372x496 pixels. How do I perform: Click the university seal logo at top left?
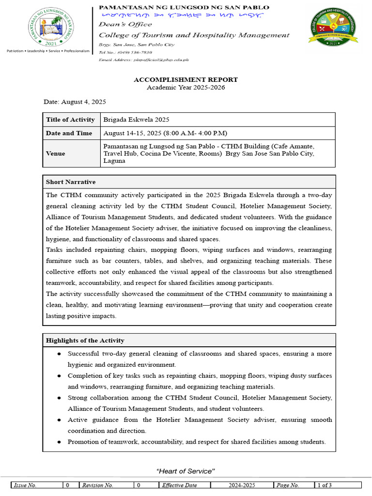click(x=47, y=27)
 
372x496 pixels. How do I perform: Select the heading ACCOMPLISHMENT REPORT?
click(x=186, y=79)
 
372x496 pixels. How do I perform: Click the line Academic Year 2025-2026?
click(x=186, y=87)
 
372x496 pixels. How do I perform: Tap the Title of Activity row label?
click(x=70, y=120)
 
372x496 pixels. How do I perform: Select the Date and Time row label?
click(x=69, y=133)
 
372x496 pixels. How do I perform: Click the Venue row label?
click(x=56, y=154)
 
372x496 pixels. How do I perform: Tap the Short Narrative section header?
click(x=71, y=182)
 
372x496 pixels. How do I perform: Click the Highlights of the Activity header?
click(x=85, y=340)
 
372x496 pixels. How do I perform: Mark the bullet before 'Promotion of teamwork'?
click(x=59, y=442)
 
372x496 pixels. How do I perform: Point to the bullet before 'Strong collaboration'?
click(x=59, y=398)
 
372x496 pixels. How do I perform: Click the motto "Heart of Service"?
click(x=186, y=471)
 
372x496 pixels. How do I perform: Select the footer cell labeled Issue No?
click(x=25, y=485)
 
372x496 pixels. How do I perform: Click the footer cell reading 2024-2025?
click(x=242, y=485)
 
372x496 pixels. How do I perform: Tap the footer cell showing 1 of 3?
click(x=325, y=485)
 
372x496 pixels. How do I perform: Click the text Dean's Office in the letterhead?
click(x=125, y=24)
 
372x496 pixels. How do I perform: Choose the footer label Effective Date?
click(x=179, y=485)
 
